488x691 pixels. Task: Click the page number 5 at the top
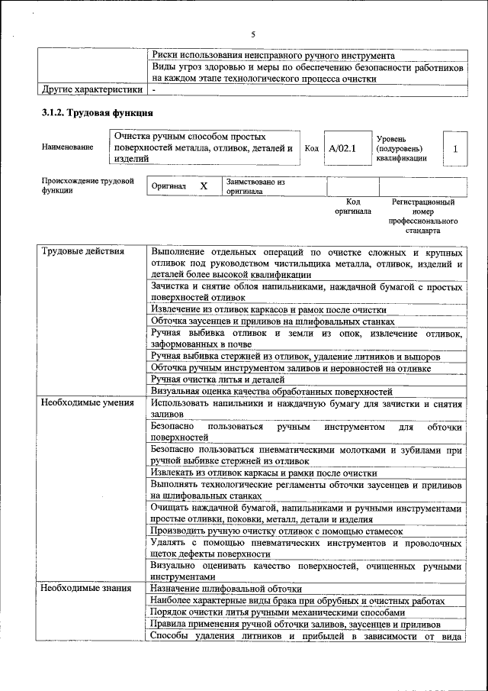click(x=253, y=34)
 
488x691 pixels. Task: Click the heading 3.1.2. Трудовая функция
click(x=91, y=114)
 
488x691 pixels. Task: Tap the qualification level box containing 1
click(x=454, y=149)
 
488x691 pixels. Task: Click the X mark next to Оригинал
click(x=204, y=186)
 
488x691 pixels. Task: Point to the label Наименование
click(x=69, y=147)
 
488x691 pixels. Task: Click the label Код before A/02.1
click(x=310, y=148)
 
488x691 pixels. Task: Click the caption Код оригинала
click(x=353, y=207)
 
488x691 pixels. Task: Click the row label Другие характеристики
click(x=91, y=89)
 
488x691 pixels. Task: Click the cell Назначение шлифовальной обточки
click(x=226, y=589)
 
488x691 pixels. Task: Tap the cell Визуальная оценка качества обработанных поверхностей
click(x=271, y=391)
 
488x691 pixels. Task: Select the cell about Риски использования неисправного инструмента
click(x=273, y=56)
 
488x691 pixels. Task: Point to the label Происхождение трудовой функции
click(x=88, y=186)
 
